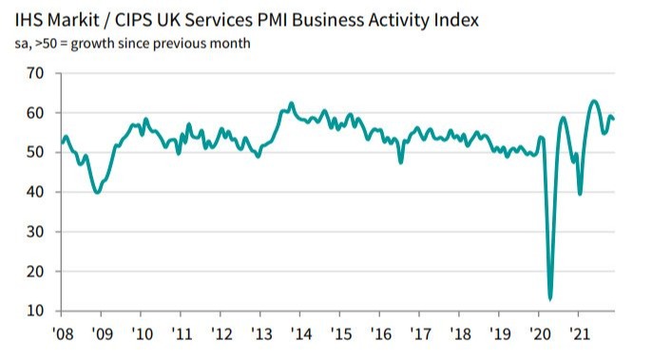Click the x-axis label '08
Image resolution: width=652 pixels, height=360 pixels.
click(x=64, y=334)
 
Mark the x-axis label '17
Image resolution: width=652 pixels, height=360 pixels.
click(x=419, y=334)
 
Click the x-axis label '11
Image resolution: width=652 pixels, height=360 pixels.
click(x=182, y=334)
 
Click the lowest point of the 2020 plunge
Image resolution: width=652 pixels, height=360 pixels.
click(x=550, y=298)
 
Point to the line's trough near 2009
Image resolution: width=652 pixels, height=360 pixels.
click(x=97, y=193)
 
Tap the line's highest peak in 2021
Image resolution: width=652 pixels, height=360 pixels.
click(x=594, y=101)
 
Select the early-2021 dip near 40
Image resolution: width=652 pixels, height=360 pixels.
click(x=580, y=193)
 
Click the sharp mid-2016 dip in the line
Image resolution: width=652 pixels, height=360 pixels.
click(x=400, y=162)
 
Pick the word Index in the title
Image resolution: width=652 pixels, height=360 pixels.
click(x=481, y=20)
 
